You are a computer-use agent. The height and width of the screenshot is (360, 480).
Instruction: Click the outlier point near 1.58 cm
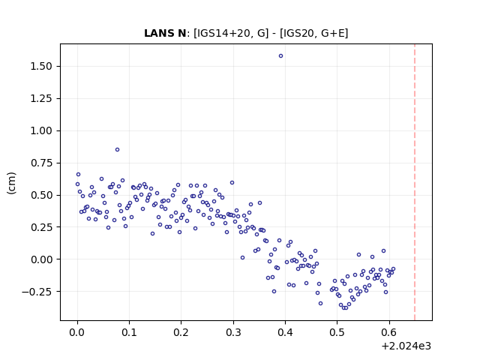click(x=280, y=56)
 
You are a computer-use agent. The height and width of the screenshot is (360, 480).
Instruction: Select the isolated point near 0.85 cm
click(x=117, y=150)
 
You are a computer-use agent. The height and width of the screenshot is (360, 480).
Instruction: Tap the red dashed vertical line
click(x=415, y=182)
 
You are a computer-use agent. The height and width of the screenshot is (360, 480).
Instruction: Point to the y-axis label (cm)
click(x=11, y=183)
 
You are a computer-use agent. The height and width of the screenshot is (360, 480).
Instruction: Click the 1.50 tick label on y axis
click(x=41, y=66)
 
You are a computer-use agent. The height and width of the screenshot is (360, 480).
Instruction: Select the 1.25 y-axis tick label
click(x=41, y=98)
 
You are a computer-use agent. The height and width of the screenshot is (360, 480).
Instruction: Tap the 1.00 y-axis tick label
click(x=41, y=130)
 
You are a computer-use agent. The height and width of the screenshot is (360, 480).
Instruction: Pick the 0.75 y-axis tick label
click(x=41, y=163)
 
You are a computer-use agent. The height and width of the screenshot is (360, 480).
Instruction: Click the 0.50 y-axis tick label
click(x=41, y=195)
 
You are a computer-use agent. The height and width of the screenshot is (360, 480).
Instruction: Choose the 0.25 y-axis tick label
click(x=41, y=227)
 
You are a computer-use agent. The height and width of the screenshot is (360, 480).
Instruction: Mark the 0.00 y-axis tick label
click(x=41, y=259)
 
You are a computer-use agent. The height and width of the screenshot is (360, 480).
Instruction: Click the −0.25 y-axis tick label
click(x=37, y=292)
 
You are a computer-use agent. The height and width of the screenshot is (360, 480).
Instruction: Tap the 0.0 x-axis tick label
click(x=77, y=332)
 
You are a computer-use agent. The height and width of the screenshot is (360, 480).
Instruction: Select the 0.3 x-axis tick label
click(x=233, y=332)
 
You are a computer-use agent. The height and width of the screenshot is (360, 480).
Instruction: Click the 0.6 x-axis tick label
click(x=389, y=332)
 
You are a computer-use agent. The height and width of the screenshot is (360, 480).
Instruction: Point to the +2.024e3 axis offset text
click(x=406, y=346)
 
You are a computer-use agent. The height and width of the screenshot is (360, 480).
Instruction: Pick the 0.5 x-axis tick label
click(x=337, y=332)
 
